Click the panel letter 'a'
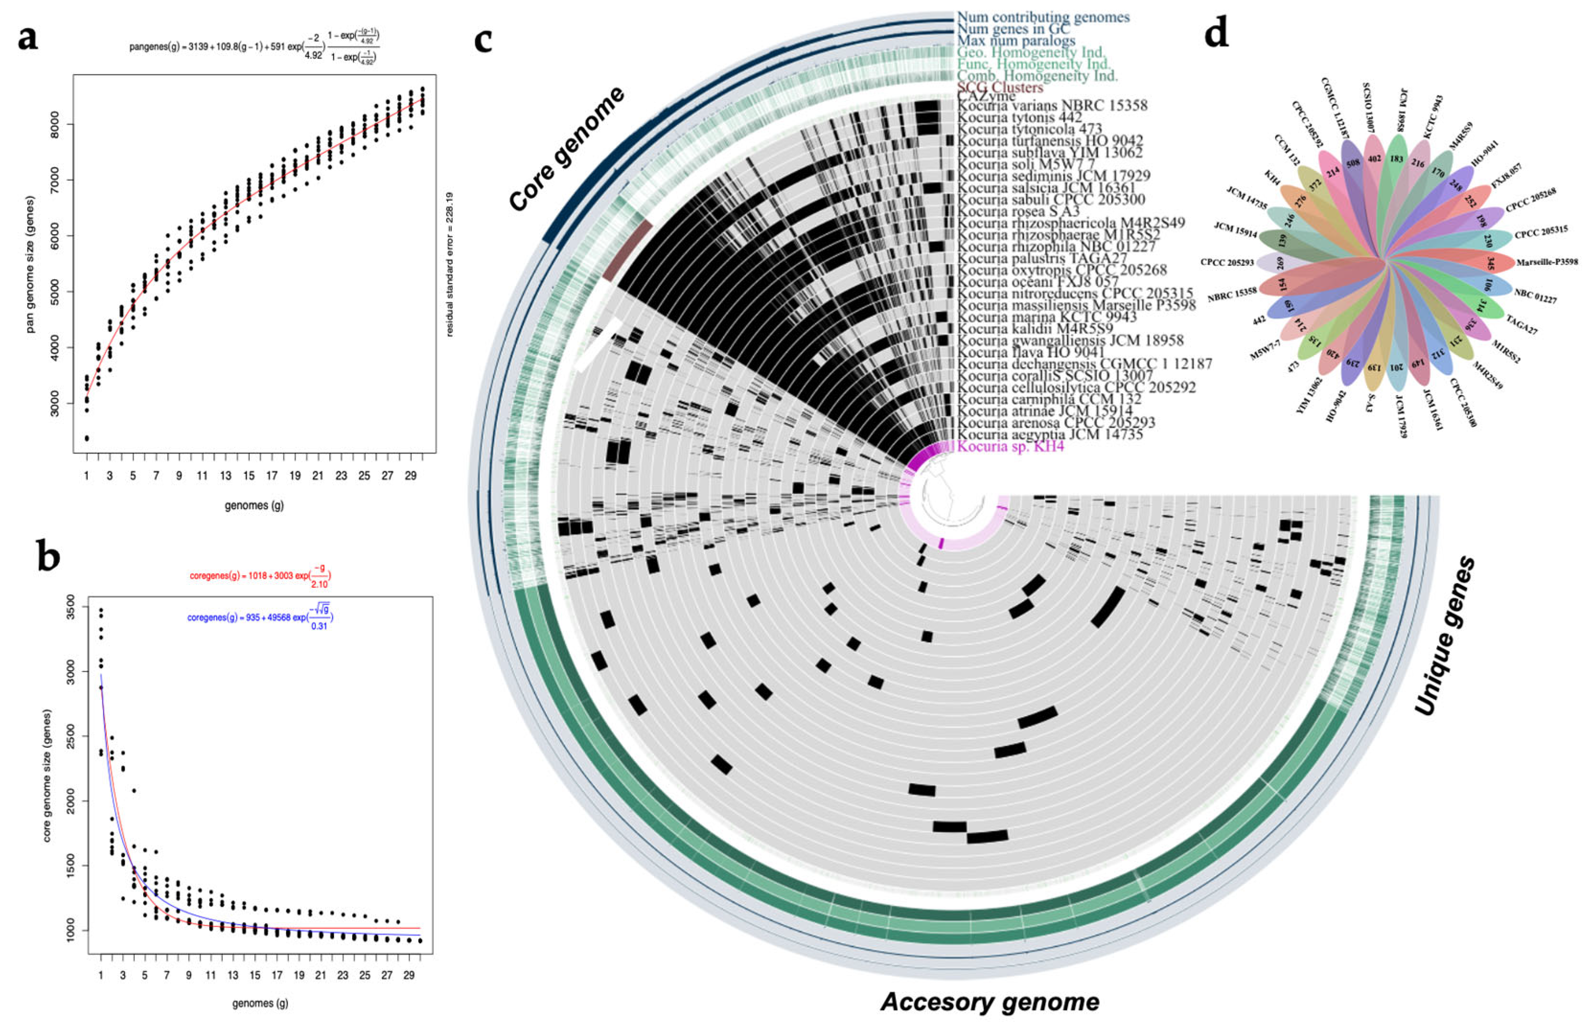pos(28,39)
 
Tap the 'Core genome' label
pos(567,148)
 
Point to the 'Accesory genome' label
pos(990,1002)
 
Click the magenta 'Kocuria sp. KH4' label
pos(1011,446)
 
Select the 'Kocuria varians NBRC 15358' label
pos(1052,105)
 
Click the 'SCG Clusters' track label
pos(1000,87)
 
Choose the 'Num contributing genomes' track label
pos(1043,17)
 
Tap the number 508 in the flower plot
pos(1353,163)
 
